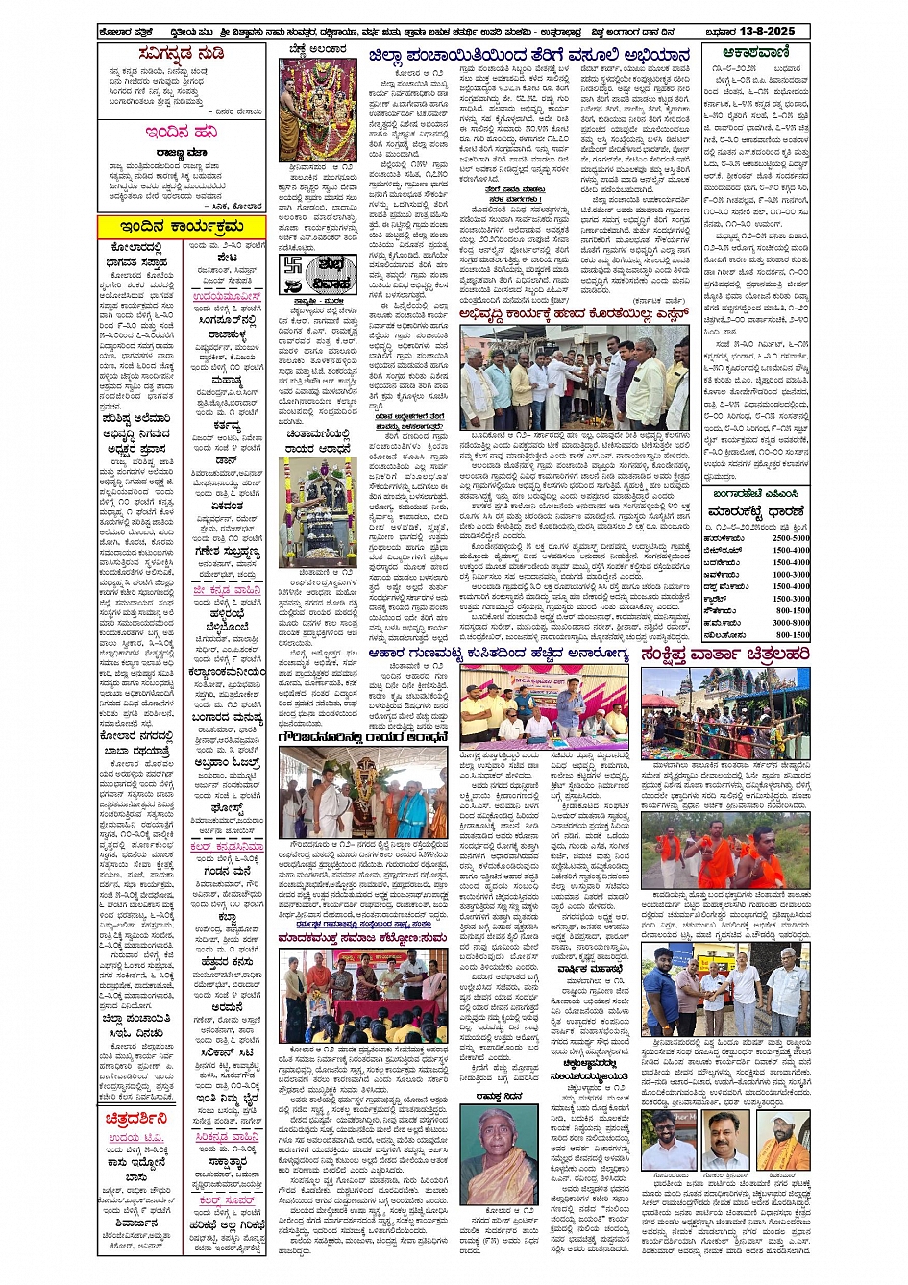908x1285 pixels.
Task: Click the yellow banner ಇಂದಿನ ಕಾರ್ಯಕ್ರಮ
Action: point(170,226)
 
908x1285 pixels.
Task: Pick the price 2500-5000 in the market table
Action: point(792,538)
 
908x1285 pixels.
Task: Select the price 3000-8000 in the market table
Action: point(792,623)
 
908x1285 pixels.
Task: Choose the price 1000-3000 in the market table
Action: point(792,575)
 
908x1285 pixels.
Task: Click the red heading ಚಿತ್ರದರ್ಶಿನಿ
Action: point(136,1119)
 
